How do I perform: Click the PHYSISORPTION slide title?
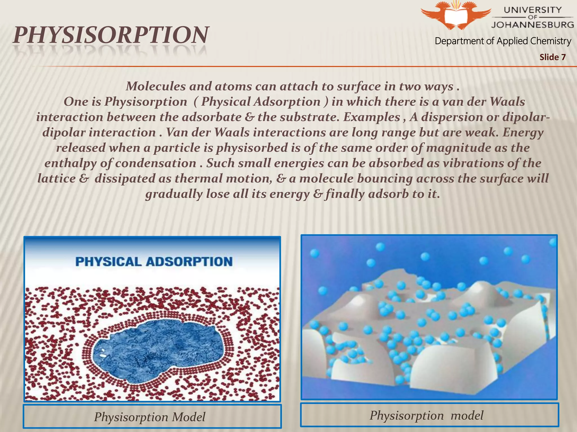(x=111, y=35)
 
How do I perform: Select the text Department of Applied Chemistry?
(x=503, y=41)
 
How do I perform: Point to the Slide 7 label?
(x=552, y=57)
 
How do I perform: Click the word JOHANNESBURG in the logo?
(x=532, y=24)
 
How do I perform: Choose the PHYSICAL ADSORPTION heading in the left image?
(x=154, y=262)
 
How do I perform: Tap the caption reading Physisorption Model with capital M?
(x=150, y=417)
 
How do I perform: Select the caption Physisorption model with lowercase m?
(x=426, y=415)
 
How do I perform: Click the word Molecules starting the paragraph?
(x=156, y=86)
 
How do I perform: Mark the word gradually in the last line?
(x=174, y=194)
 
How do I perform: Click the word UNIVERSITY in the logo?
(x=532, y=10)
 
